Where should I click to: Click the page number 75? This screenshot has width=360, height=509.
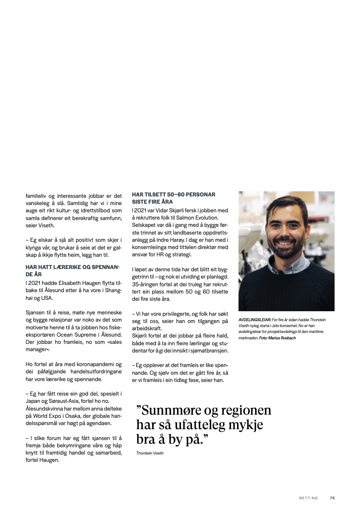click(332, 498)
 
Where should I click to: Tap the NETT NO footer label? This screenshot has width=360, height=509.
click(308, 498)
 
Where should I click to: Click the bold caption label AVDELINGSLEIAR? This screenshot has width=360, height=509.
click(255, 320)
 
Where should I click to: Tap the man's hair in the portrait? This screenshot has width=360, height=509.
click(287, 206)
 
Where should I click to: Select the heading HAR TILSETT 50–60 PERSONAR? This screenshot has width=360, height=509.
click(173, 195)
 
